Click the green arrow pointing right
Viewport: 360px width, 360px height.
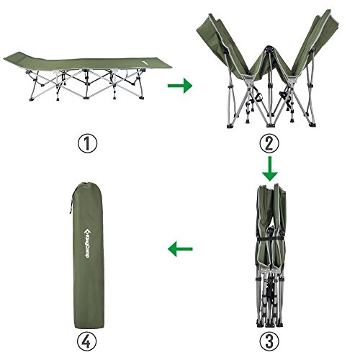coord(179,86)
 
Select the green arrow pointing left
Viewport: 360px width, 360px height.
coord(180,250)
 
